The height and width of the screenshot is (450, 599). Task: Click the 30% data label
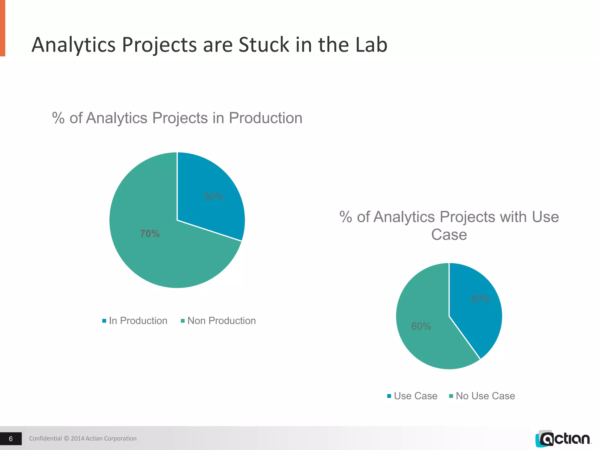pyautogui.click(x=213, y=197)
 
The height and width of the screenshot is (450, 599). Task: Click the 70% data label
pyautogui.click(x=150, y=233)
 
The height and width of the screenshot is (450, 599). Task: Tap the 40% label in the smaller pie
pyautogui.click(x=480, y=299)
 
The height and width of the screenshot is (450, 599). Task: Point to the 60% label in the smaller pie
pyautogui.click(x=421, y=326)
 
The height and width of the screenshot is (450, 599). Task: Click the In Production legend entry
pyautogui.click(x=135, y=321)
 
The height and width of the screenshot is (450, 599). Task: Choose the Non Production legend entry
pyautogui.click(x=218, y=321)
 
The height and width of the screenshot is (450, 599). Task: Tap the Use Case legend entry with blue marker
pyautogui.click(x=412, y=396)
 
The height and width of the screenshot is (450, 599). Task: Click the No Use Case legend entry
pyautogui.click(x=482, y=396)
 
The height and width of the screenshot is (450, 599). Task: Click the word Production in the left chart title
pyautogui.click(x=265, y=118)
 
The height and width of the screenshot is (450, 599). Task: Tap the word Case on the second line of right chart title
pyautogui.click(x=449, y=235)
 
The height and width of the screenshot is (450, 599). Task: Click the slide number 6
pyautogui.click(x=11, y=439)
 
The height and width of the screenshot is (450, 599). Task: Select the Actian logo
pyautogui.click(x=563, y=439)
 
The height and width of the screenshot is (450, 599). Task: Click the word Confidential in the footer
pyautogui.click(x=45, y=439)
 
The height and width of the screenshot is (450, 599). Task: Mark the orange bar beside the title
pyautogui.click(x=2, y=28)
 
